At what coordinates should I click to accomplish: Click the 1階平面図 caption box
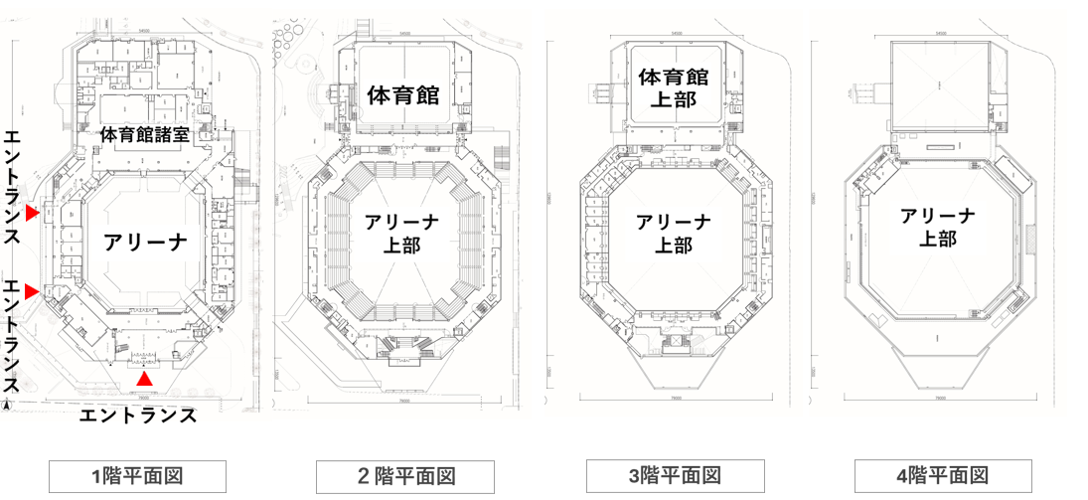point(138,475)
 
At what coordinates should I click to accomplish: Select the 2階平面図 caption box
point(404,475)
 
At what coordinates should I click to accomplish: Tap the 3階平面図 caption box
point(675,475)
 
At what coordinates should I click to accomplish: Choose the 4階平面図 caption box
point(943,475)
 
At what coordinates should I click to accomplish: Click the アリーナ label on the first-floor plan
point(145,241)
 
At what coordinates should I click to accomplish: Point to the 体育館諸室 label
point(152,134)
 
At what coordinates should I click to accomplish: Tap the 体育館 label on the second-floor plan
point(403,95)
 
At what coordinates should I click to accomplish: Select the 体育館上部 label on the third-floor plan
point(674,87)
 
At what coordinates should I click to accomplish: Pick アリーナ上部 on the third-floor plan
point(674,234)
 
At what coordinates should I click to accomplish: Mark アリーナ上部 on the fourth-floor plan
point(938,228)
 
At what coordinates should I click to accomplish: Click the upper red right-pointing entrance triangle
point(33,213)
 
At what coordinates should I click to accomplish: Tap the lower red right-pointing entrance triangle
point(33,291)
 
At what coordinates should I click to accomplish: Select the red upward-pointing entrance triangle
point(145,379)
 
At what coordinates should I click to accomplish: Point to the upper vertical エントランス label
point(13,186)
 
